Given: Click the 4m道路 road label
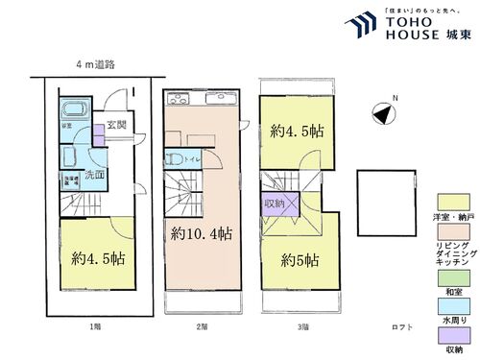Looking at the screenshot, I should (96, 64).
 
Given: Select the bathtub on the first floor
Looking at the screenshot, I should (75, 113).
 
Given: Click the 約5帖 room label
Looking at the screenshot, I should (299, 260).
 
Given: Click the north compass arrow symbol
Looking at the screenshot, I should (383, 114).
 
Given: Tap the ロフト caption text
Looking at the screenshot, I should (402, 327).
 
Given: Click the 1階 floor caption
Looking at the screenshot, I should (95, 327).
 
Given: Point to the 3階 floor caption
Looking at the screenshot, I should (302, 327).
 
